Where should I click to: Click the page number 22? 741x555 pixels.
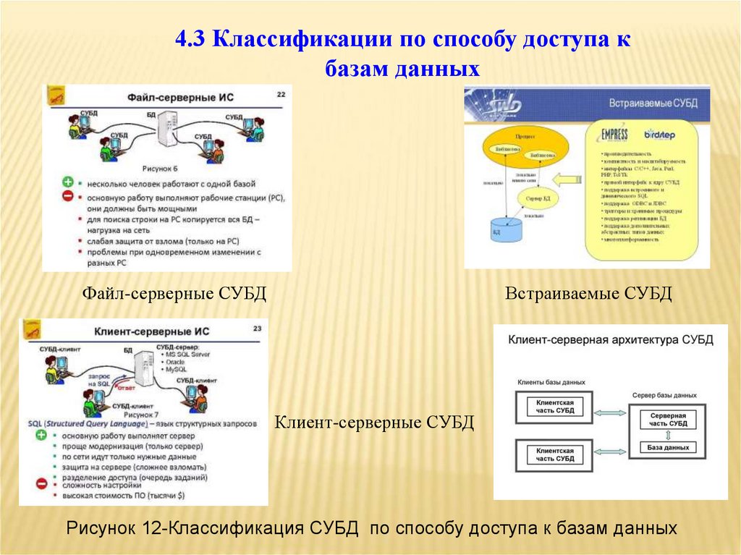click(x=281, y=95)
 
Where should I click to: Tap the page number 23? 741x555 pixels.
click(x=257, y=329)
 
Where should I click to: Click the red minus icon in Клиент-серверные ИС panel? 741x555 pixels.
click(x=41, y=483)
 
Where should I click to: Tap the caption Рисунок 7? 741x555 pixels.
click(x=140, y=415)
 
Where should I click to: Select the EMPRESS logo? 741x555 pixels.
click(x=614, y=135)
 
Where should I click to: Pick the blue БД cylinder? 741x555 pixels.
click(x=505, y=229)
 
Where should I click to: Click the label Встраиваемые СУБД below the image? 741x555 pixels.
click(x=588, y=294)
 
